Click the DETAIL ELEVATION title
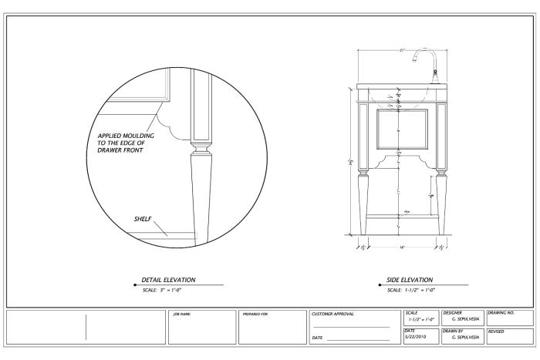tap(168, 279)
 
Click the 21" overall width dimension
tap(402, 50)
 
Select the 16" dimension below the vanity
tap(401, 248)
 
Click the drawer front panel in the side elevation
tap(401, 126)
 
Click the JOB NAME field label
tap(181, 314)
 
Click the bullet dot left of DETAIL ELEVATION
tap(136, 284)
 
